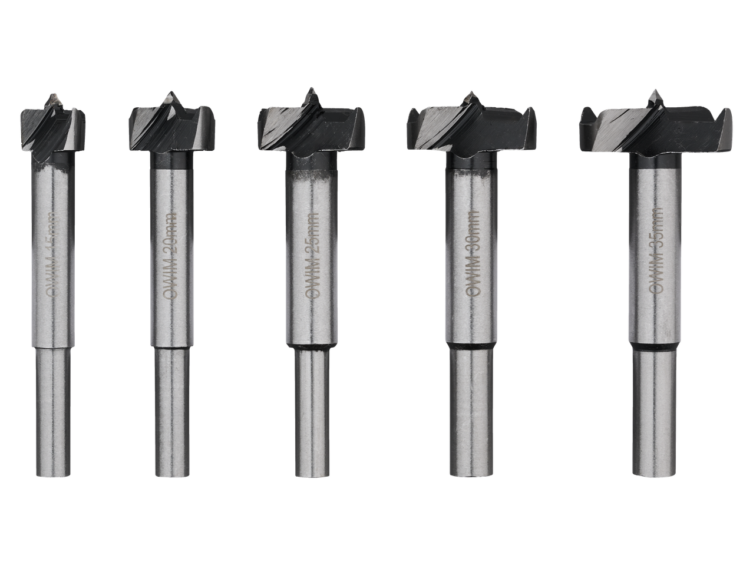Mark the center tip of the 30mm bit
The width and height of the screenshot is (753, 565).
tap(471, 93)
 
